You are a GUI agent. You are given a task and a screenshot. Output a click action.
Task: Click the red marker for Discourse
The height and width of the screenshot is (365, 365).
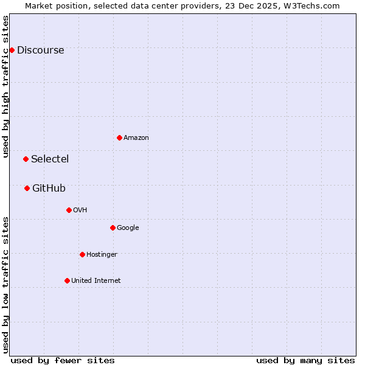coord(12,50)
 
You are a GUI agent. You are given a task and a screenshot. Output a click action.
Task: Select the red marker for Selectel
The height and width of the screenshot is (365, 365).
coord(26,159)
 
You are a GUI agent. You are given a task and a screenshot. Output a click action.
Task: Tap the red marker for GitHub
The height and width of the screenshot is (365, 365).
coord(27,189)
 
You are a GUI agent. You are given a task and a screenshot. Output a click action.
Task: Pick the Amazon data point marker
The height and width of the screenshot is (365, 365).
coord(119,137)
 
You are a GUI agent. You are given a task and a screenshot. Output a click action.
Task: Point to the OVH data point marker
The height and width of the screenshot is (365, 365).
coord(69,210)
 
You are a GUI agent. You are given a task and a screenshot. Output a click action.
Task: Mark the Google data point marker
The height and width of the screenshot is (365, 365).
coord(113,228)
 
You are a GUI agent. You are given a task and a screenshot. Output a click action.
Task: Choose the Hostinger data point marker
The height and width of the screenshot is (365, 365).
coord(82,254)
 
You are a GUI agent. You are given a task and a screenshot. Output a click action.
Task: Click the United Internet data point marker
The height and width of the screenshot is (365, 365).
coord(67,280)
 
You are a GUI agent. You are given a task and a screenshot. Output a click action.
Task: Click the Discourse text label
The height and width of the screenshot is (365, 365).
coord(40,50)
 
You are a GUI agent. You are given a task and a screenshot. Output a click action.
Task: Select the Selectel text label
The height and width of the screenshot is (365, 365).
coord(50,159)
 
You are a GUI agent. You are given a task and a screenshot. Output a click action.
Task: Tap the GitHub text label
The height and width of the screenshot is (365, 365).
coord(49,189)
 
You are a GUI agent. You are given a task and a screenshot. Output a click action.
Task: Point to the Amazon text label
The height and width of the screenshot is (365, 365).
coord(136,138)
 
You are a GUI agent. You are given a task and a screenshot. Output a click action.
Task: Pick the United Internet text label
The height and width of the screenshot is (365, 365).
coord(96,281)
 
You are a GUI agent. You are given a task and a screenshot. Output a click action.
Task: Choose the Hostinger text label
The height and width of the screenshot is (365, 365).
coord(102,255)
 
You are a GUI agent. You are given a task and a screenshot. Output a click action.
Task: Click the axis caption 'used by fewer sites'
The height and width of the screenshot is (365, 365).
coord(63,360)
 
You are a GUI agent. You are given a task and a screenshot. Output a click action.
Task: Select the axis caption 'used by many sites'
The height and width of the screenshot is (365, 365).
coord(305,360)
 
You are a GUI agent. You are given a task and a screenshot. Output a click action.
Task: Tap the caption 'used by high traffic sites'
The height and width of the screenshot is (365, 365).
coord(5,86)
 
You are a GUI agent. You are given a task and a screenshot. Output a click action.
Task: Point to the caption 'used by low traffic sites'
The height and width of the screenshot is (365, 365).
coord(5,284)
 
